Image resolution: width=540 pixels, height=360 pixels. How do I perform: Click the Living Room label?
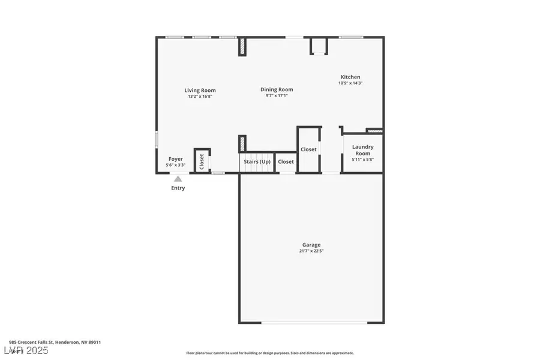[x=200, y=91]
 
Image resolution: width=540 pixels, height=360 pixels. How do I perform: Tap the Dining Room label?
[x=277, y=89]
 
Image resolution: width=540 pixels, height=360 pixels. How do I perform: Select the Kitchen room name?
[x=350, y=77]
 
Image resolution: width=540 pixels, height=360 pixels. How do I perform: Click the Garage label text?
[x=311, y=244]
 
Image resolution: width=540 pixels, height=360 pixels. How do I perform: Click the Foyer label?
[x=175, y=159]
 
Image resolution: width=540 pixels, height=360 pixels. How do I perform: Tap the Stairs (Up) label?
[x=257, y=162]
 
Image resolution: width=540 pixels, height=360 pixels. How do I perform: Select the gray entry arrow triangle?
[x=178, y=178]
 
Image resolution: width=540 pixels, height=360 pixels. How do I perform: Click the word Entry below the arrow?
[x=178, y=188]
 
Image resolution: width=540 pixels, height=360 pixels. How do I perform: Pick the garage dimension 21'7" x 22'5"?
[x=311, y=251]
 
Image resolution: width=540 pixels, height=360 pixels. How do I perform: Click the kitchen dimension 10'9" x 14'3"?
[x=350, y=83]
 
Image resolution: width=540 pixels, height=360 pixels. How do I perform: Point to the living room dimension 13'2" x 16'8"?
[x=200, y=96]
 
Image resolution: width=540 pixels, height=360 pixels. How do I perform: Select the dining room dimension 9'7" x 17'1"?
[x=277, y=95]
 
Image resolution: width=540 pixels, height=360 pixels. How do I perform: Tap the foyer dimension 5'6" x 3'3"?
[x=175, y=164]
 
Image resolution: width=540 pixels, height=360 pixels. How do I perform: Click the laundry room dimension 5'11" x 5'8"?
[x=362, y=159]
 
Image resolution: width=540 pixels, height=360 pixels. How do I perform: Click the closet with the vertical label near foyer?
[x=202, y=160]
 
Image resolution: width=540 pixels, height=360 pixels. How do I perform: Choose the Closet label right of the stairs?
[x=286, y=162]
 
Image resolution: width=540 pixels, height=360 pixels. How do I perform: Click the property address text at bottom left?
[x=55, y=342]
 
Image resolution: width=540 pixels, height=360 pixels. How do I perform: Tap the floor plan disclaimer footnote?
[x=270, y=353]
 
